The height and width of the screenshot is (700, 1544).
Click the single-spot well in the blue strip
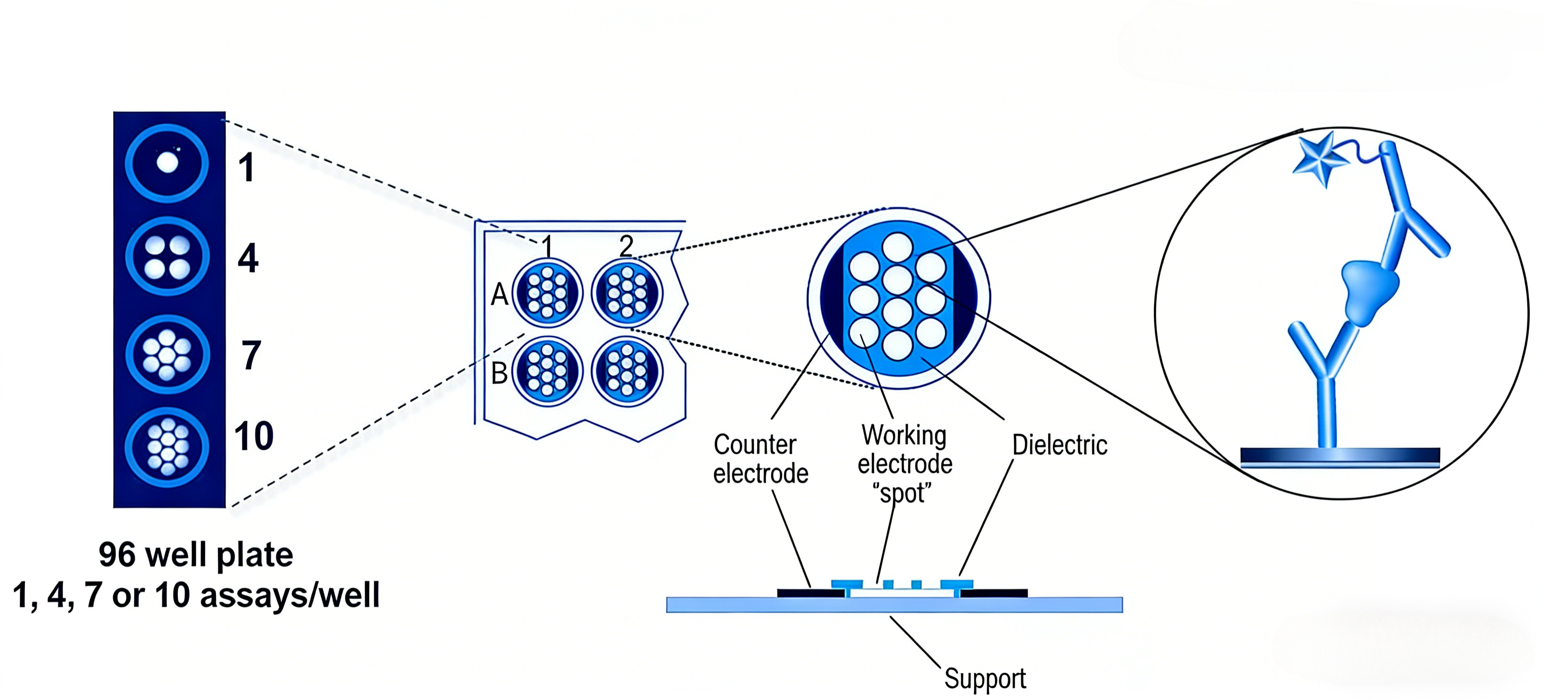pyautogui.click(x=167, y=163)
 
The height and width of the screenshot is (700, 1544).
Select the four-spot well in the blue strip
pyautogui.click(x=167, y=257)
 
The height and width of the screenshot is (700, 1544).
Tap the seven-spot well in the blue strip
pyautogui.click(x=167, y=354)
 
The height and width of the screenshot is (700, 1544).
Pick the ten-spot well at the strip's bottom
pyautogui.click(x=167, y=447)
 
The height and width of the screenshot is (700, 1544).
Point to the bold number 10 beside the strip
pyautogui.click(x=253, y=436)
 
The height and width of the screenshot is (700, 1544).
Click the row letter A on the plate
pyautogui.click(x=499, y=295)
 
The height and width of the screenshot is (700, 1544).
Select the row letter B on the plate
pyautogui.click(x=499, y=373)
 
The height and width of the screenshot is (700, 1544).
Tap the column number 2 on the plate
pyautogui.click(x=626, y=246)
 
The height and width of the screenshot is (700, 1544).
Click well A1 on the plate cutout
pyautogui.click(x=547, y=293)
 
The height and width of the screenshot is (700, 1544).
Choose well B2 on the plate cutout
pyautogui.click(x=627, y=371)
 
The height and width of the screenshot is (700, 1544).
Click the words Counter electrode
pyautogui.click(x=760, y=459)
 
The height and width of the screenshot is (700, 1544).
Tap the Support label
pyautogui.click(x=985, y=679)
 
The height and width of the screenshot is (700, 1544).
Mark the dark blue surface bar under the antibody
pyautogui.click(x=1340, y=455)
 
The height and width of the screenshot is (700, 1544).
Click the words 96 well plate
pyautogui.click(x=196, y=554)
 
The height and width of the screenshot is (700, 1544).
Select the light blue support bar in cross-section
pyautogui.click(x=894, y=604)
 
